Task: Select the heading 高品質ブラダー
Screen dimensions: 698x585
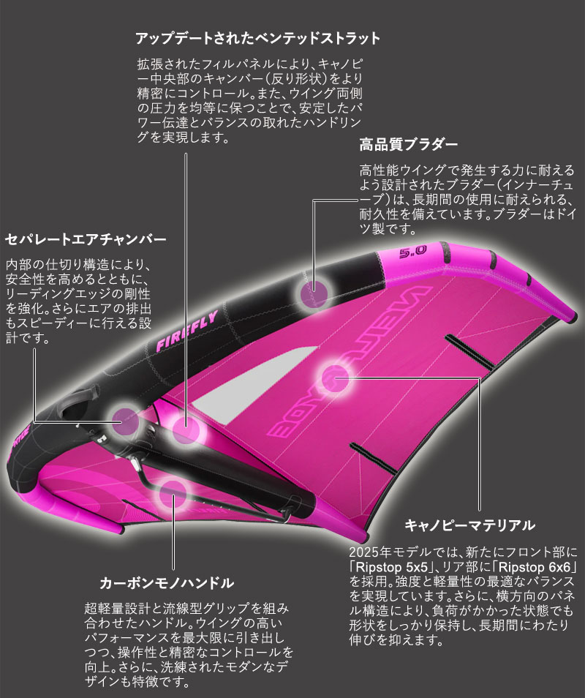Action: (x=408, y=144)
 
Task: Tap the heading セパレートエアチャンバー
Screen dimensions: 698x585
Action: (x=86, y=239)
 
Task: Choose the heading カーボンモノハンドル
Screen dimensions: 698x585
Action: (x=166, y=583)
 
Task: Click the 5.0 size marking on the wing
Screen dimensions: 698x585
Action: (x=414, y=253)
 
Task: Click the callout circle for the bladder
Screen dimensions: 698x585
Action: (x=314, y=293)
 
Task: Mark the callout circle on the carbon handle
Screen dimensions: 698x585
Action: (x=173, y=491)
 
